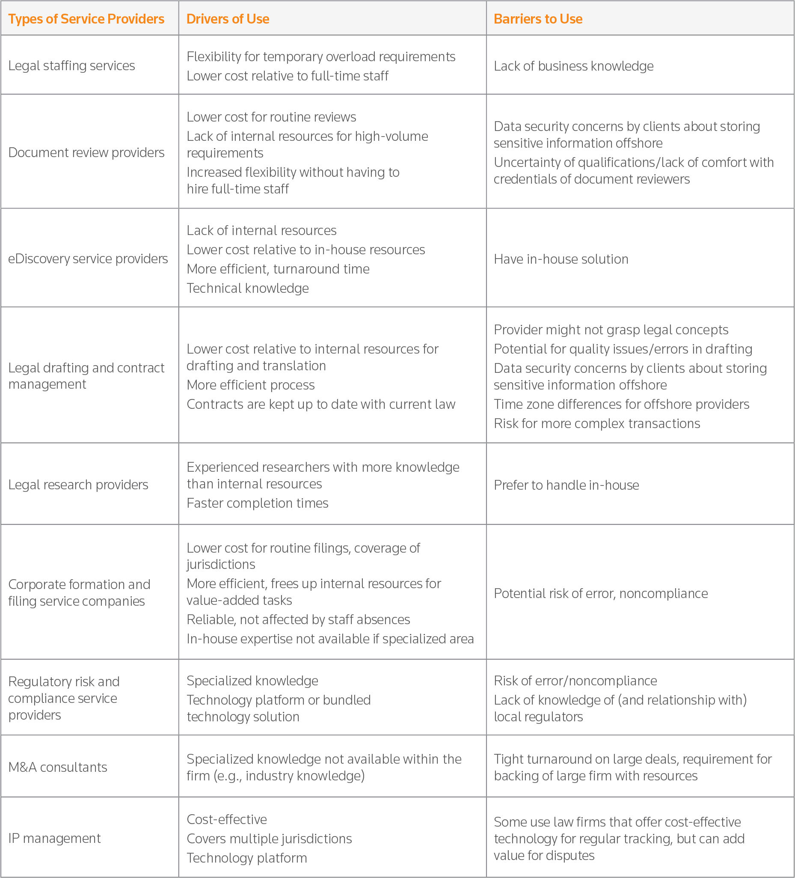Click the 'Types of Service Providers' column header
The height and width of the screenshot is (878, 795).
click(x=86, y=19)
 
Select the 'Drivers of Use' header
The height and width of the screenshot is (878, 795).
click(x=228, y=19)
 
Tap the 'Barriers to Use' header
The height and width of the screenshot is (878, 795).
click(x=538, y=19)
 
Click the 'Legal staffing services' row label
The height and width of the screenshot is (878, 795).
click(x=71, y=66)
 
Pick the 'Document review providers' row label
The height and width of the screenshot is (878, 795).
click(x=86, y=152)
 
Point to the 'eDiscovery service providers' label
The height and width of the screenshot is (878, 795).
click(x=88, y=259)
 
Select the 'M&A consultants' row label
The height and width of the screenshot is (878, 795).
click(x=57, y=767)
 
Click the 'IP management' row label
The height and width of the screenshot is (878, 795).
click(x=54, y=838)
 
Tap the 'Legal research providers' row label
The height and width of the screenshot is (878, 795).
click(x=78, y=485)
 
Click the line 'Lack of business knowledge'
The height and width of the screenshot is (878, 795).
click(x=573, y=66)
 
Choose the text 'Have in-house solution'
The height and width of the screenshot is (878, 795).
click(x=561, y=259)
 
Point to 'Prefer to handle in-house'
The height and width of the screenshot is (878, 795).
click(x=566, y=485)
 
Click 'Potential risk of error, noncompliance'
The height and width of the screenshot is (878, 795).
click(x=600, y=594)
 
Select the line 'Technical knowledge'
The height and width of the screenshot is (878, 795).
click(x=248, y=288)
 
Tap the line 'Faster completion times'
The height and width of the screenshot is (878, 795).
click(x=257, y=503)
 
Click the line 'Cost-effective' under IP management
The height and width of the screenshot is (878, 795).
click(x=227, y=820)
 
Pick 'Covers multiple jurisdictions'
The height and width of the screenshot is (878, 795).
click(x=269, y=839)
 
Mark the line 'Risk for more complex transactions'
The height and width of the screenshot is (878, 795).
click(x=596, y=424)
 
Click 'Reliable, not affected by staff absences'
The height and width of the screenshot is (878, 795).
click(x=298, y=620)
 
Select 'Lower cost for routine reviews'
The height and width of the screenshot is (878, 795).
click(x=271, y=117)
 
